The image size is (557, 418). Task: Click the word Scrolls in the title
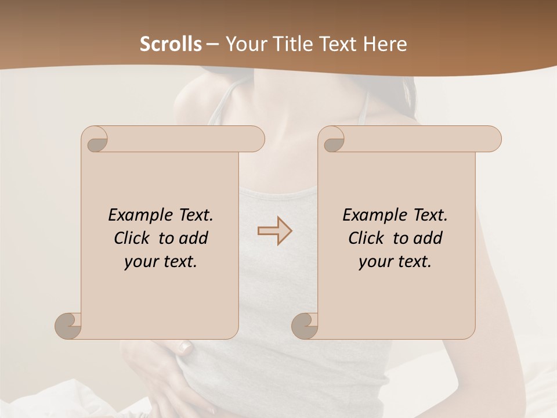171,44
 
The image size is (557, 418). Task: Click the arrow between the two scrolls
274,231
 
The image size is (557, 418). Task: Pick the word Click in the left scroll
127,238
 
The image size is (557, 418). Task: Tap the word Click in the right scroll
361,238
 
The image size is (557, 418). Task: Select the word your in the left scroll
140,262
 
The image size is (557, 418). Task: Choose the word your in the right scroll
374,262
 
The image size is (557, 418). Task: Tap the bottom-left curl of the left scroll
68,326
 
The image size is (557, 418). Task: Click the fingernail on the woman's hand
185,347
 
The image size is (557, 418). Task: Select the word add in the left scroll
194,238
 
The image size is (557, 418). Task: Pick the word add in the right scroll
428,238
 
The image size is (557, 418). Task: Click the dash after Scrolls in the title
212,45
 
